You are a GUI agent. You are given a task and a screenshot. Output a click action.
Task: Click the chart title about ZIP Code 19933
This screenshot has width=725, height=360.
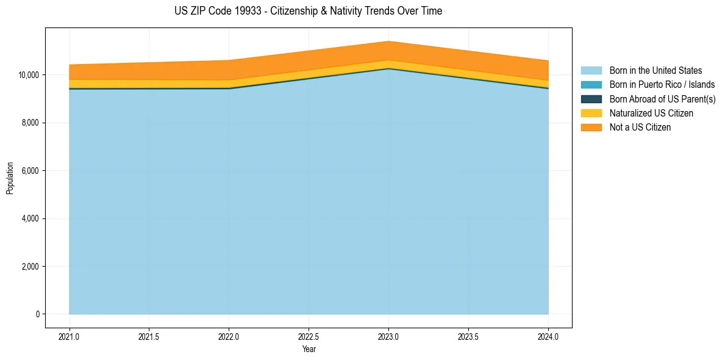(x=308, y=11)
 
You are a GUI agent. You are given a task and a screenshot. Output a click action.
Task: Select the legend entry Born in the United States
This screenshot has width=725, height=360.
(x=655, y=71)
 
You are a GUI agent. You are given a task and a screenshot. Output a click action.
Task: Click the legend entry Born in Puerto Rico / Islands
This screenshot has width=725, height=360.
(x=662, y=85)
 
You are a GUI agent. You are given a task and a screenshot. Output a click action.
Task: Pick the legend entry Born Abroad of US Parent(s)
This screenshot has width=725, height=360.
(x=662, y=99)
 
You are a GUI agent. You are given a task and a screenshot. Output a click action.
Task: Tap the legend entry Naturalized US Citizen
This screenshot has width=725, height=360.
(x=651, y=113)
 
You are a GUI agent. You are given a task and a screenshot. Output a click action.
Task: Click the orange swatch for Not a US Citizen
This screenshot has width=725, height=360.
(x=591, y=128)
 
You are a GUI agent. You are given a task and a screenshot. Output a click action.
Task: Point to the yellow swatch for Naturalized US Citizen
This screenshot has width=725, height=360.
(x=591, y=113)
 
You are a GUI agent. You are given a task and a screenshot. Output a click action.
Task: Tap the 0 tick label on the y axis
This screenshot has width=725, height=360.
(x=37, y=315)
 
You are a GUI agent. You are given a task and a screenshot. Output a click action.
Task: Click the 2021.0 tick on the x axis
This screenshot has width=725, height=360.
(x=69, y=336)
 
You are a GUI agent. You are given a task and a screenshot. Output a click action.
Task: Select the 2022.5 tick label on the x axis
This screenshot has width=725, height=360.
(x=309, y=336)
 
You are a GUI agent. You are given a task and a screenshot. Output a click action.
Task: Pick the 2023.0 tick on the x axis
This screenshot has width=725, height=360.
(x=388, y=336)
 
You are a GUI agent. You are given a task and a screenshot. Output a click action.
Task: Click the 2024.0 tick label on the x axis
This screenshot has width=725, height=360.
(x=548, y=336)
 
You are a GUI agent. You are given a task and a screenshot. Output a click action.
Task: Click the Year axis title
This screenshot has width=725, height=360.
(x=309, y=349)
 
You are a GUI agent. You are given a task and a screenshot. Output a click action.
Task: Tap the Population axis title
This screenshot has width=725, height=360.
(x=10, y=178)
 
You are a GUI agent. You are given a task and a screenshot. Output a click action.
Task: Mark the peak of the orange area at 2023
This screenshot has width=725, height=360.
(x=388, y=41)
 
